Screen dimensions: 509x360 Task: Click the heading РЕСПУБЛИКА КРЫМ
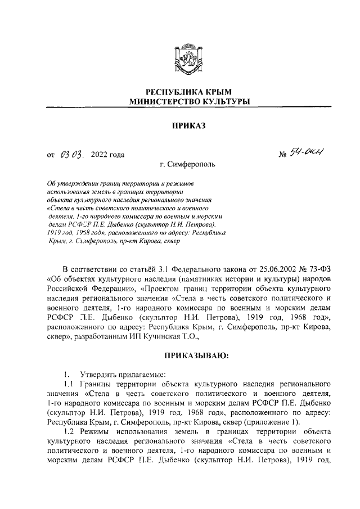coord(180,92)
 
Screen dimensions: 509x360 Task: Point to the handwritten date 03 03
coord(70,153)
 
